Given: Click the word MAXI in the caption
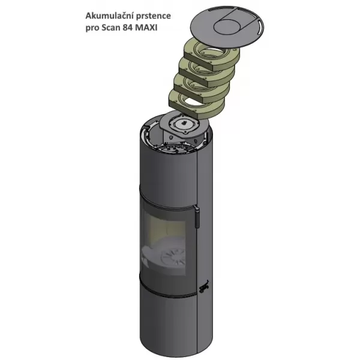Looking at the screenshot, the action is (147, 28).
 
